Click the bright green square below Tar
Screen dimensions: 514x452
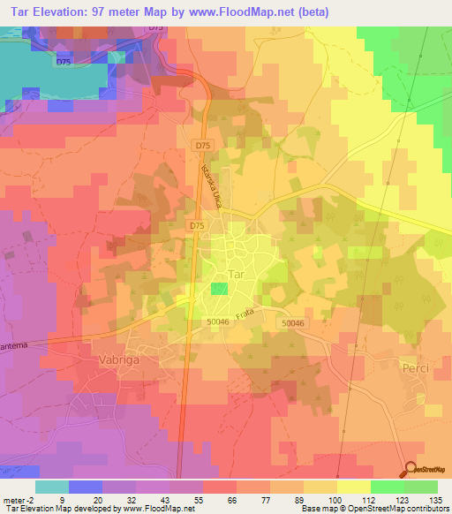click(x=218, y=290)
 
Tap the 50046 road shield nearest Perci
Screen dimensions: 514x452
click(x=293, y=325)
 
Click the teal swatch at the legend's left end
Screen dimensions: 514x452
click(x=51, y=486)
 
